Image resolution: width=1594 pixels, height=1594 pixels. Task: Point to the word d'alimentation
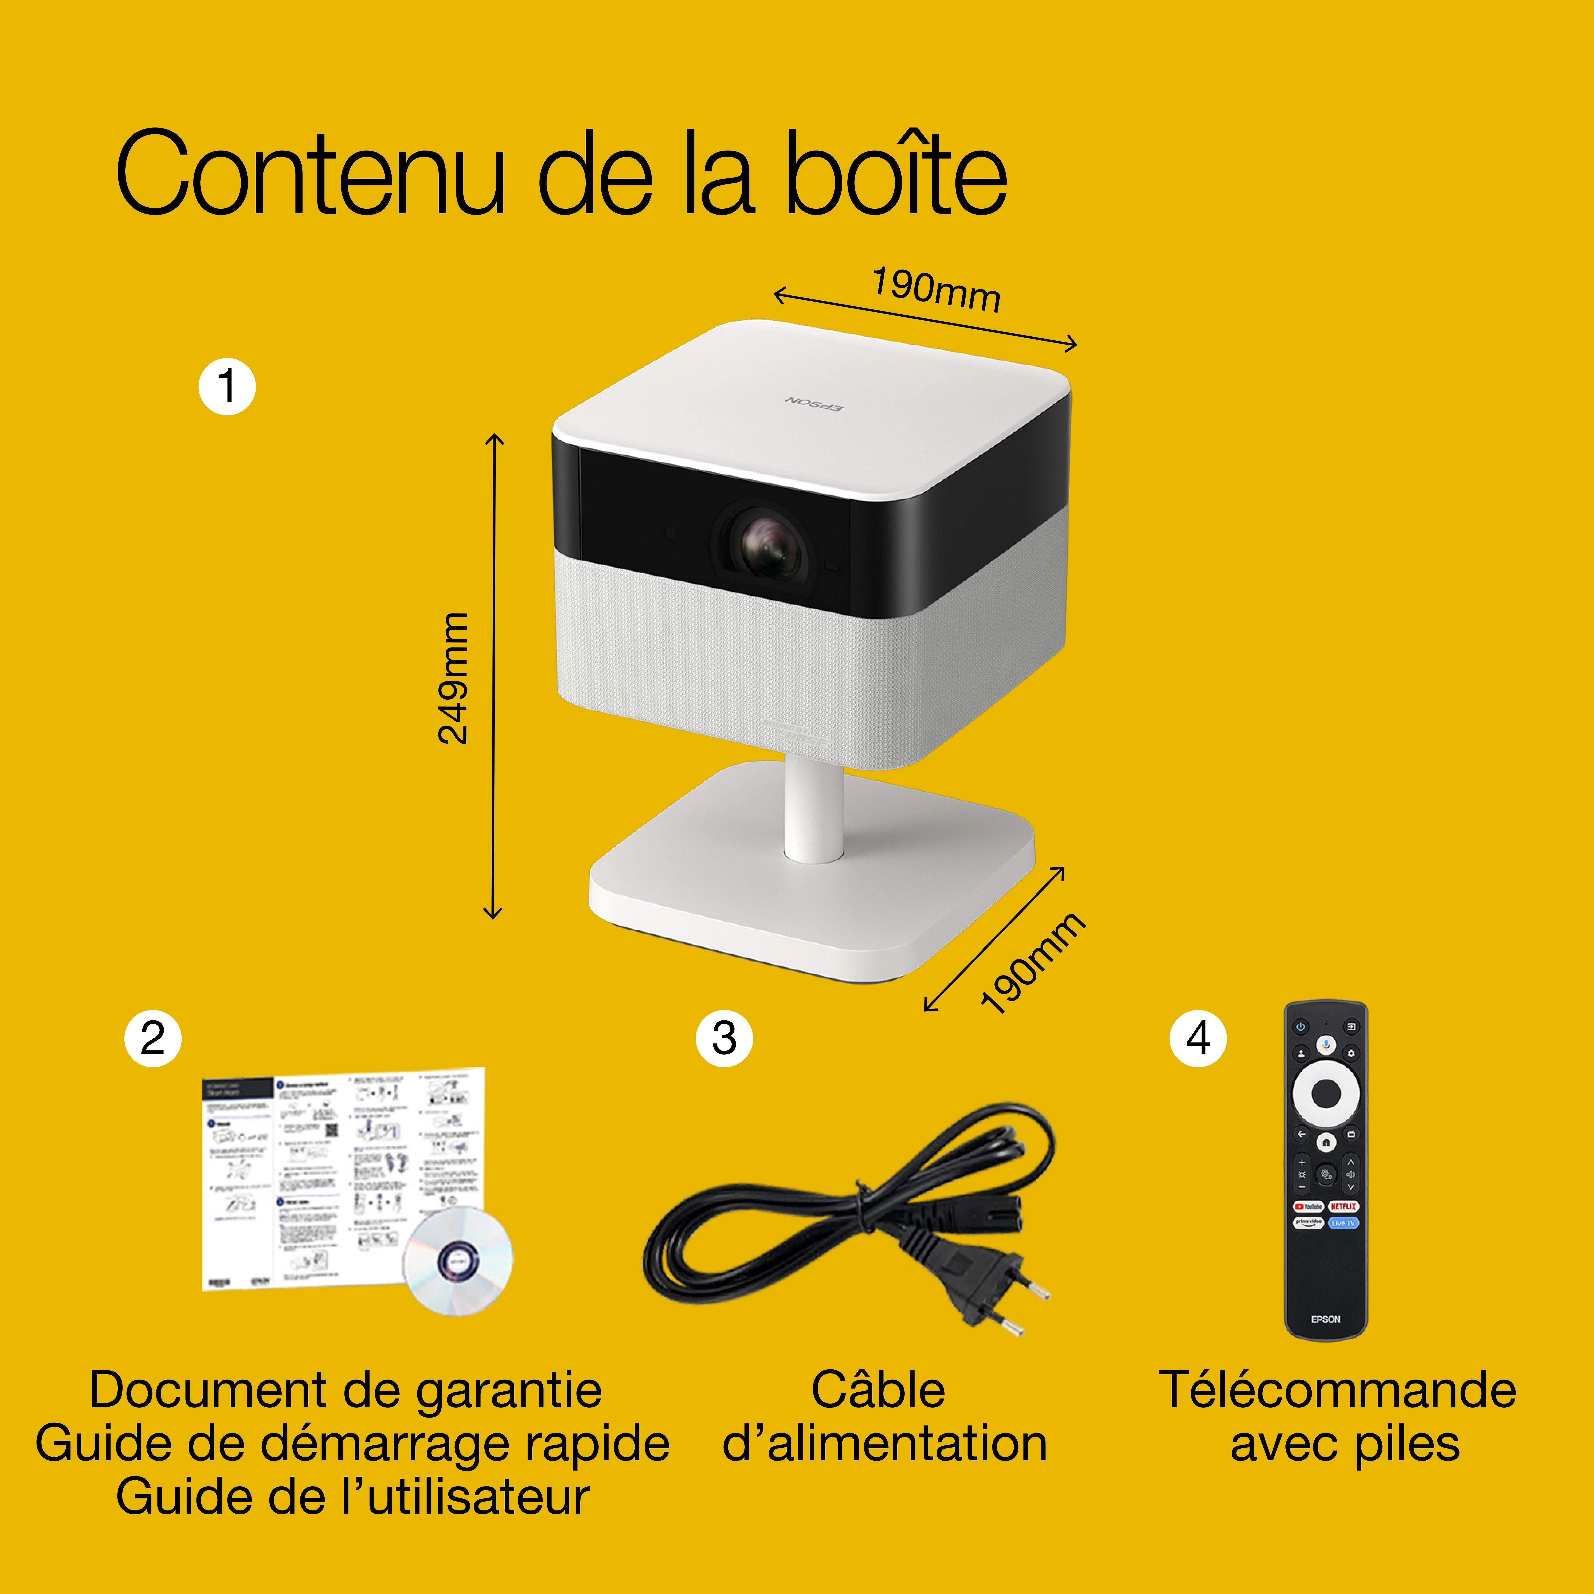[884, 1444]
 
